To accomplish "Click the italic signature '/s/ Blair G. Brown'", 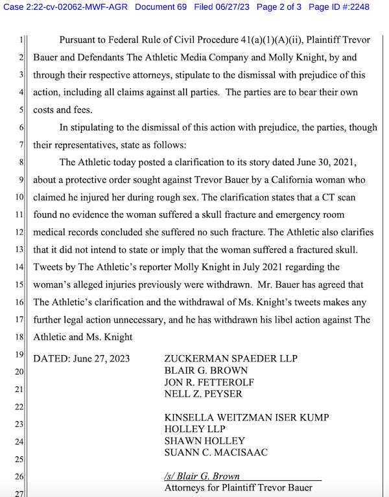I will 202,476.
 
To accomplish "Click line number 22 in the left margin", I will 19,407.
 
